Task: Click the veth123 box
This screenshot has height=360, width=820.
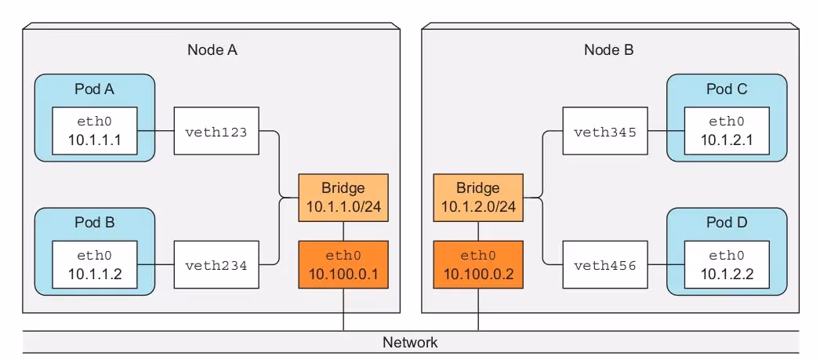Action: coord(216,131)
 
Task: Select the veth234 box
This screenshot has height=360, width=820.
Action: coord(216,264)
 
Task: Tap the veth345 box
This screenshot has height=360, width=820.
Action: coord(604,131)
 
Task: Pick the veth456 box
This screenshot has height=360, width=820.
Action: coord(604,264)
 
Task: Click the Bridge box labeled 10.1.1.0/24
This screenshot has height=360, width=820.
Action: coord(343,198)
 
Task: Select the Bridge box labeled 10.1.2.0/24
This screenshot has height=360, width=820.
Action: coord(477,198)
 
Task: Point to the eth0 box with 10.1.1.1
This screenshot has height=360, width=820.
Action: coord(94,131)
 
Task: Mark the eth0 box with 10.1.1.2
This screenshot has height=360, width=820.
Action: coord(94,264)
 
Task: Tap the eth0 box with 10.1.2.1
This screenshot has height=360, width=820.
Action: coord(727,131)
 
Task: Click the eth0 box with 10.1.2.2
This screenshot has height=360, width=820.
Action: coord(727,264)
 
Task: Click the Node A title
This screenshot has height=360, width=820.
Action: coord(212,50)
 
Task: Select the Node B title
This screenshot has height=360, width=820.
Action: coord(608,50)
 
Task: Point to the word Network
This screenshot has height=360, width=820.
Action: coord(410,343)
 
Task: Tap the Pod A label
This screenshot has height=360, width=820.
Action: coord(95,89)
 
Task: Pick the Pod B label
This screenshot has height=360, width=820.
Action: coord(95,223)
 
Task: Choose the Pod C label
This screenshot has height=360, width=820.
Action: coord(727,89)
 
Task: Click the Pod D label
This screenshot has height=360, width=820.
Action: coord(727,223)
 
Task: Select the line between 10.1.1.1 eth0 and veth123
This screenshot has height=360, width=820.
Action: coord(155,131)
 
